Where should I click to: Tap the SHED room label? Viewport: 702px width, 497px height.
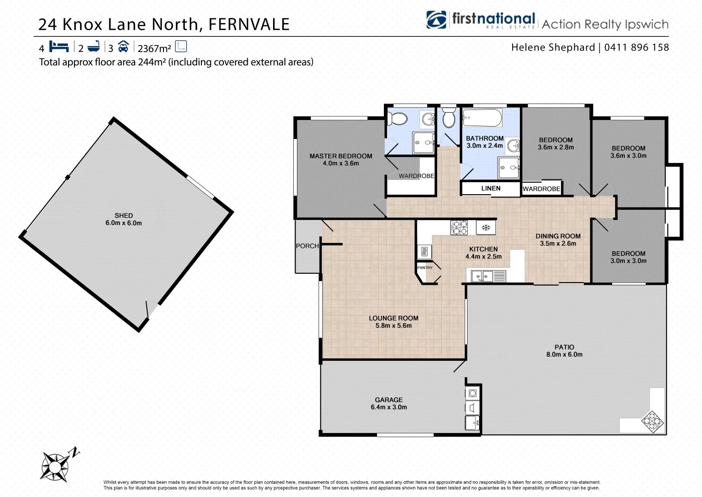(124, 215)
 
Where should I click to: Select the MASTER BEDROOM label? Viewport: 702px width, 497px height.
(341, 156)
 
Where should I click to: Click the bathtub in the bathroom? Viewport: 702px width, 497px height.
(481, 118)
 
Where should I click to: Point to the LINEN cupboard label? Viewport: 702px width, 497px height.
(491, 188)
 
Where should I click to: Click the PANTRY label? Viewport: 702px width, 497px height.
(424, 267)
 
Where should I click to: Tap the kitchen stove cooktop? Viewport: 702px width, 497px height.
(459, 227)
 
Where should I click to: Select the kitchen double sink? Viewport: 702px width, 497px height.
(482, 276)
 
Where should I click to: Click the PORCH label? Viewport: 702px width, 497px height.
(307, 246)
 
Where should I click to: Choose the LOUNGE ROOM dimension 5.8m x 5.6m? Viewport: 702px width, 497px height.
(394, 325)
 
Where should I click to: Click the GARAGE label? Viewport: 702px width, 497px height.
(388, 399)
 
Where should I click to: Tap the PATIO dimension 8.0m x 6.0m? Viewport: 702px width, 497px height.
(564, 354)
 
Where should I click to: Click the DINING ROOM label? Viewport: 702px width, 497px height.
(558, 236)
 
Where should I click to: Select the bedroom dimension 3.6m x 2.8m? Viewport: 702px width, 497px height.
(556, 147)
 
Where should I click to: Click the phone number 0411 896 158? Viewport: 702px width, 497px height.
(636, 47)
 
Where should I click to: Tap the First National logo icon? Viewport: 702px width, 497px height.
(436, 20)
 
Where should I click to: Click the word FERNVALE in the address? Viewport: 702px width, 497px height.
(249, 24)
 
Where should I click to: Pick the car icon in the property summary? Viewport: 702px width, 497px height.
(123, 47)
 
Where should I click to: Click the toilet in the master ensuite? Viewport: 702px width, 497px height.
(396, 119)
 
